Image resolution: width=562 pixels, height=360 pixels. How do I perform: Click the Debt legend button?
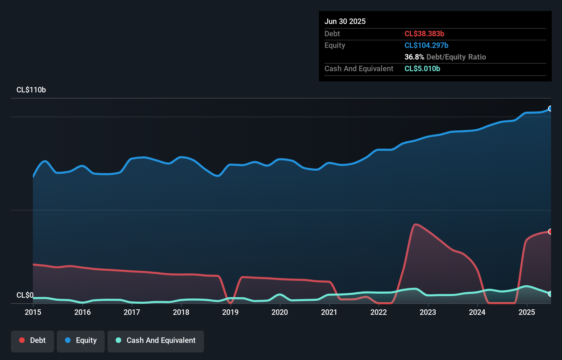click(x=33, y=341)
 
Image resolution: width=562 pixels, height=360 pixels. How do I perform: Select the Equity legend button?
click(x=81, y=341)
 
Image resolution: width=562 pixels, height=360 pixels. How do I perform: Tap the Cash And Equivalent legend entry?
click(x=156, y=341)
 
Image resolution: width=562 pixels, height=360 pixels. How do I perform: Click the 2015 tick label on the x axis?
click(x=33, y=312)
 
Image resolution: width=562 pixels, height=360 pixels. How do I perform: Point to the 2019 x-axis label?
click(x=230, y=312)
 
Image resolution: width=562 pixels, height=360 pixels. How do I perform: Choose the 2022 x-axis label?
click(x=379, y=312)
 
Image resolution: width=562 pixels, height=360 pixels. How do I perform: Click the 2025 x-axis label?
click(x=527, y=312)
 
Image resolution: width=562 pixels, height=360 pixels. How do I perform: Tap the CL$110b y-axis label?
click(x=31, y=90)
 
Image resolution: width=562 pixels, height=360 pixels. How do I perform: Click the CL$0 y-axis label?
click(x=25, y=295)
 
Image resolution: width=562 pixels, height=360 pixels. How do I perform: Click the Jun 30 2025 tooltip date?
click(x=345, y=22)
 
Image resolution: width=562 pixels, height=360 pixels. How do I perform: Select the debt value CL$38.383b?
click(x=424, y=34)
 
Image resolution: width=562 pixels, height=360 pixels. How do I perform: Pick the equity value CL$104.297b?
click(x=426, y=46)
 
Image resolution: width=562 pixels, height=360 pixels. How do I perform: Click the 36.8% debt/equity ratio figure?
click(x=414, y=57)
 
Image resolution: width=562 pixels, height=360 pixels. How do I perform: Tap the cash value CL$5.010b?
click(x=422, y=69)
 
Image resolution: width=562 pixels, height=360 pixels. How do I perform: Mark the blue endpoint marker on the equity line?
click(x=550, y=108)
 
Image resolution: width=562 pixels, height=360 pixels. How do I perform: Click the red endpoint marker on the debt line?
click(x=550, y=232)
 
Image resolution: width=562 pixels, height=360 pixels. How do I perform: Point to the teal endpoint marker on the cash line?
click(x=550, y=294)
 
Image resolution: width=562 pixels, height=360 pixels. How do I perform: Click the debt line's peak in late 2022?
click(x=415, y=224)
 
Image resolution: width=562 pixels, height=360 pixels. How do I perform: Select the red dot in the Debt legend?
click(x=22, y=340)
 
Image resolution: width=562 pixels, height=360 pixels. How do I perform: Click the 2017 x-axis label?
click(x=132, y=312)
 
